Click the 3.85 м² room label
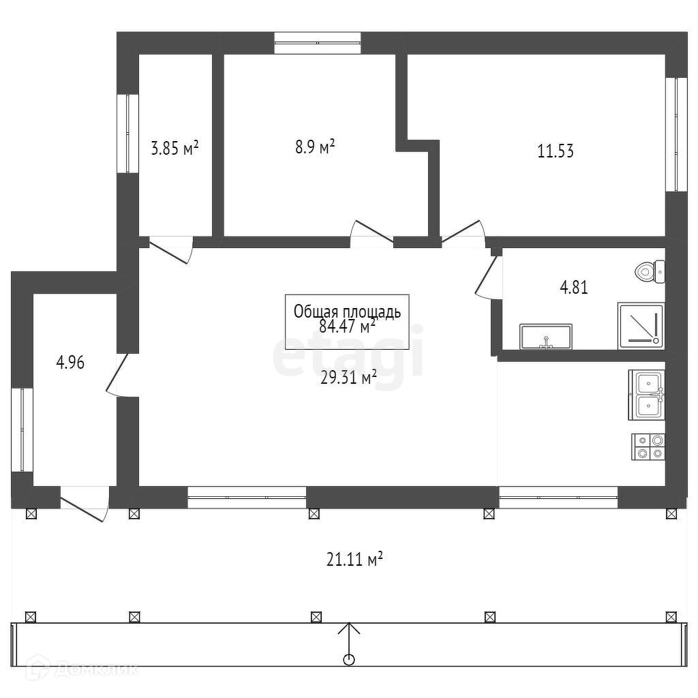[x=174, y=148]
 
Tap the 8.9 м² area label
[x=314, y=147]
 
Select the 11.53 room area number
[x=556, y=151]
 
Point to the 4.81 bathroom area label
[x=573, y=287]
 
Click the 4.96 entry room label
[x=70, y=363]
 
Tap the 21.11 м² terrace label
[x=354, y=560]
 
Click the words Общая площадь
[x=347, y=312]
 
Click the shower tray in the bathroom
[x=641, y=326]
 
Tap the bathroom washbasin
[x=545, y=337]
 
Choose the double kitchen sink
[x=646, y=395]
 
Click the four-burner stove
[x=648, y=446]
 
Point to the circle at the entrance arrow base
[x=349, y=659]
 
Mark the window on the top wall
[x=318, y=42]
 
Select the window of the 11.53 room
[x=676, y=134]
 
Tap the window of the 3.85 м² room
[x=127, y=133]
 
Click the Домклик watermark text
[x=95, y=669]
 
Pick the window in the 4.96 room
[x=22, y=429]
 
